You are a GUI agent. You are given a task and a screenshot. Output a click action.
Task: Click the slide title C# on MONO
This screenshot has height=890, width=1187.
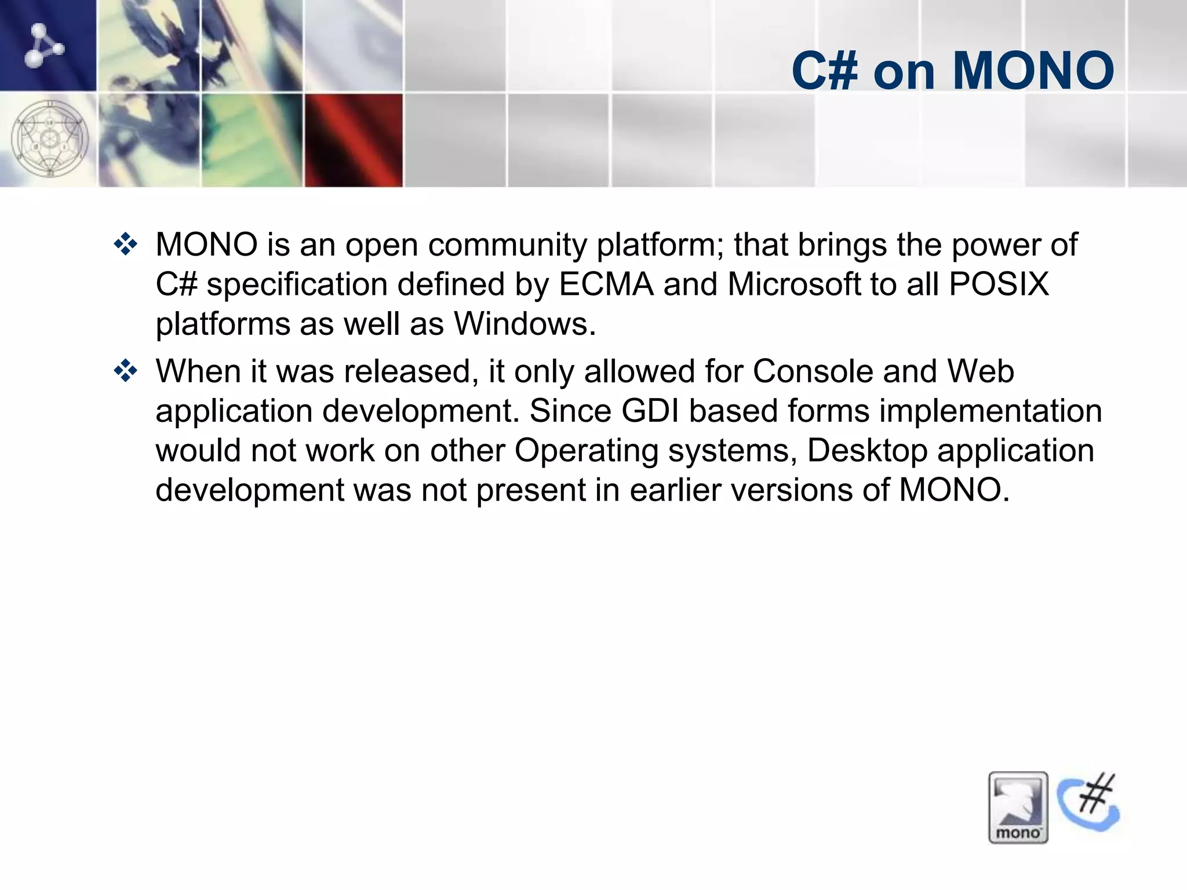coord(952,71)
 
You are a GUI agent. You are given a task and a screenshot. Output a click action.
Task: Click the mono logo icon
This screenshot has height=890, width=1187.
coord(1018,807)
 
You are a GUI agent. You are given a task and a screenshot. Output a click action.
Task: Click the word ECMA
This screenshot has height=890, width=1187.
coord(606,284)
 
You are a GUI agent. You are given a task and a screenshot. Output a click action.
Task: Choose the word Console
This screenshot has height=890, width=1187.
coord(813,371)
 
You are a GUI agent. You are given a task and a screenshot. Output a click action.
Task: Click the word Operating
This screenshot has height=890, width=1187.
coord(586,451)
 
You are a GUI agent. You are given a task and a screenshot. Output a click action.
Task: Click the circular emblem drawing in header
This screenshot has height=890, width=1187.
coord(50,139)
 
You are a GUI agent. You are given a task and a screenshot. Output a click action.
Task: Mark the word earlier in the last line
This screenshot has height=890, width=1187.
coord(675,490)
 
